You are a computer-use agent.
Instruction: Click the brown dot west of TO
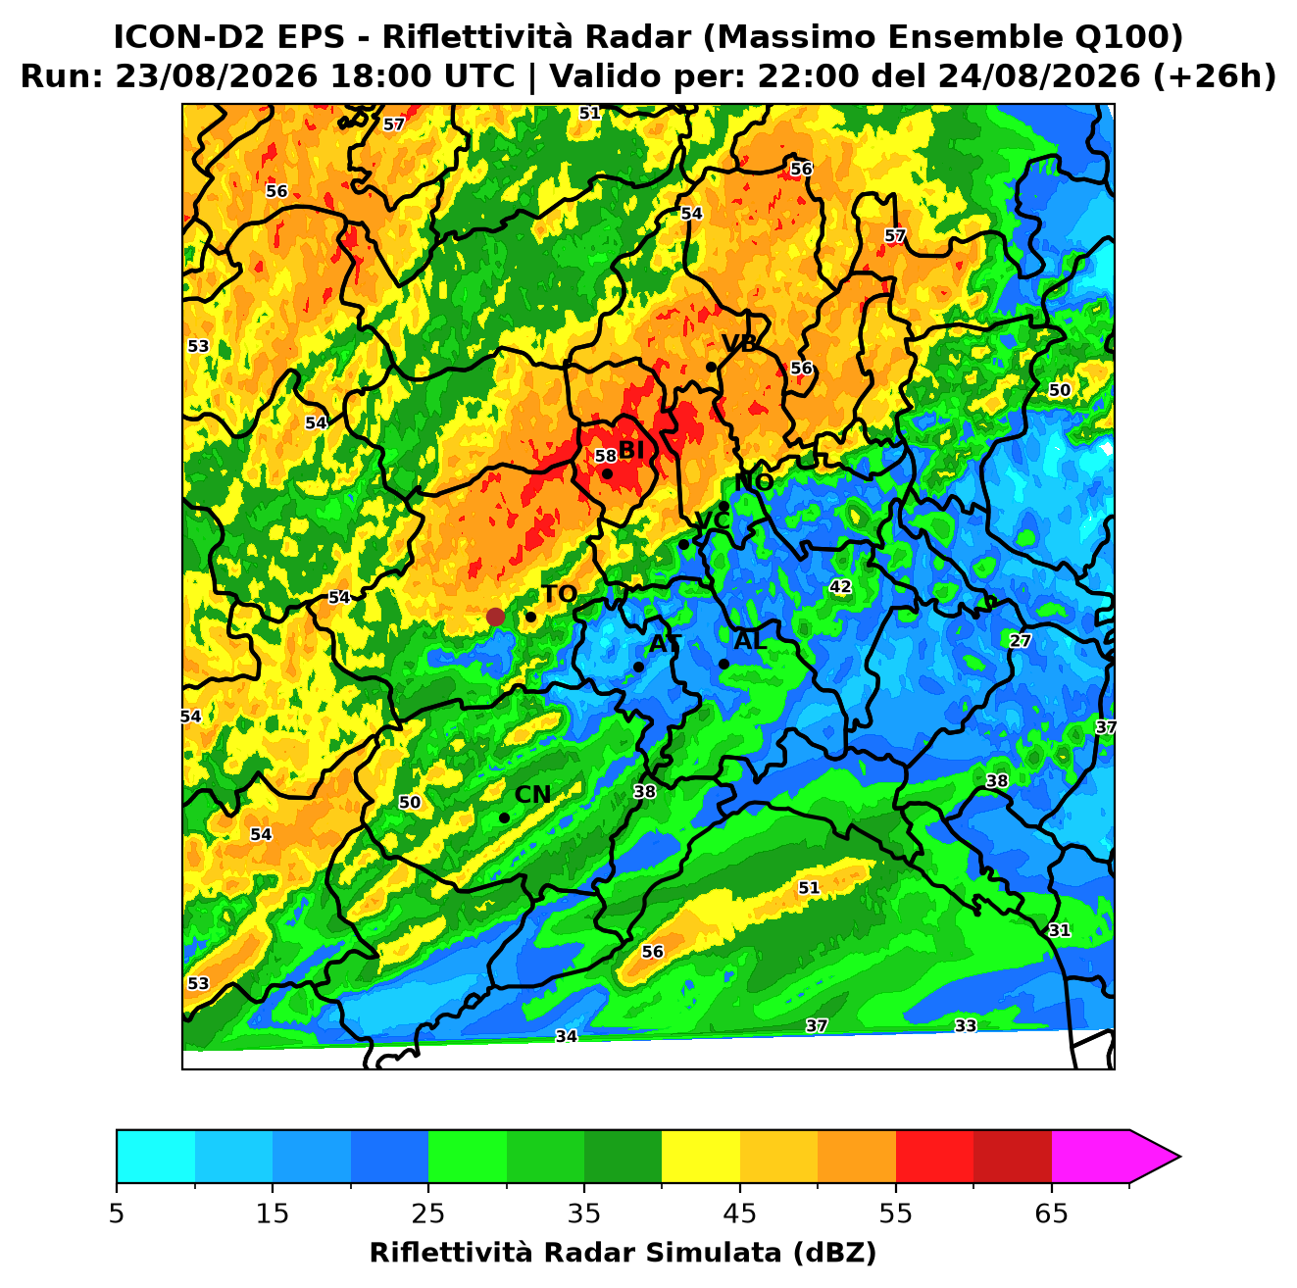coord(495,616)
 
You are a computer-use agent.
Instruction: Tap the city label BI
coord(630,450)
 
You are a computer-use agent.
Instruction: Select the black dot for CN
coord(504,817)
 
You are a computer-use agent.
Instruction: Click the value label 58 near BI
coord(605,456)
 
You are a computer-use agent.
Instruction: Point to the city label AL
coord(750,640)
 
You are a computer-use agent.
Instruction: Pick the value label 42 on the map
coord(840,586)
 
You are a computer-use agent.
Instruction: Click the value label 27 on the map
coord(1020,640)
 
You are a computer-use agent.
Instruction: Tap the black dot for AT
coord(638,667)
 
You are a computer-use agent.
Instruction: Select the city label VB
coord(739,343)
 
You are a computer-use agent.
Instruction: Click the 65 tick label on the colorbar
coord(1051,1214)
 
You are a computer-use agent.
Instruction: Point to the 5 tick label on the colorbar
coord(117,1214)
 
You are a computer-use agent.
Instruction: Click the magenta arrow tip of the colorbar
coord(1179,1158)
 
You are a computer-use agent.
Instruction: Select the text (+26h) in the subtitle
coord(1215,76)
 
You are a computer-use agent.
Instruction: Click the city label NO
coord(754,482)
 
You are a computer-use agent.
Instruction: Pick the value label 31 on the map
coord(1060,930)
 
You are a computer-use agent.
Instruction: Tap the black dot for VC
coord(684,544)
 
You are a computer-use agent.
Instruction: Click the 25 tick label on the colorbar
coord(428,1214)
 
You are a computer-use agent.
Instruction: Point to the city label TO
coord(560,594)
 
